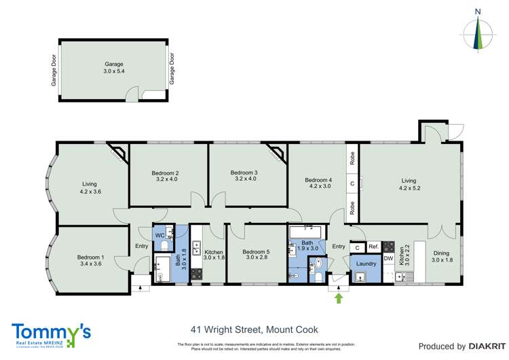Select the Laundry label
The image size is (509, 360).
click(x=366, y=264)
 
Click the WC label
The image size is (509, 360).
click(x=160, y=235)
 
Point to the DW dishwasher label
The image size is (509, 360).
click(x=388, y=258)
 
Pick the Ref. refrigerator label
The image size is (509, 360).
click(x=373, y=247)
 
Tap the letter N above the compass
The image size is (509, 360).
click(x=478, y=11)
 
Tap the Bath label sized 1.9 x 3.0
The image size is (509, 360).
click(x=307, y=245)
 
